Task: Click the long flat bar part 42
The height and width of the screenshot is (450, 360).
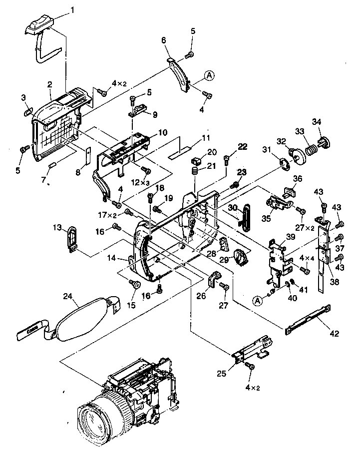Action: click(308, 319)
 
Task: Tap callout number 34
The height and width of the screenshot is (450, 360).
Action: click(317, 122)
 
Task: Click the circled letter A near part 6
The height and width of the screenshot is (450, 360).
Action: click(209, 75)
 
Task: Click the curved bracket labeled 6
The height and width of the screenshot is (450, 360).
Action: click(180, 73)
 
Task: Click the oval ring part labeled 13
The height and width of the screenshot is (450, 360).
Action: click(72, 237)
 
